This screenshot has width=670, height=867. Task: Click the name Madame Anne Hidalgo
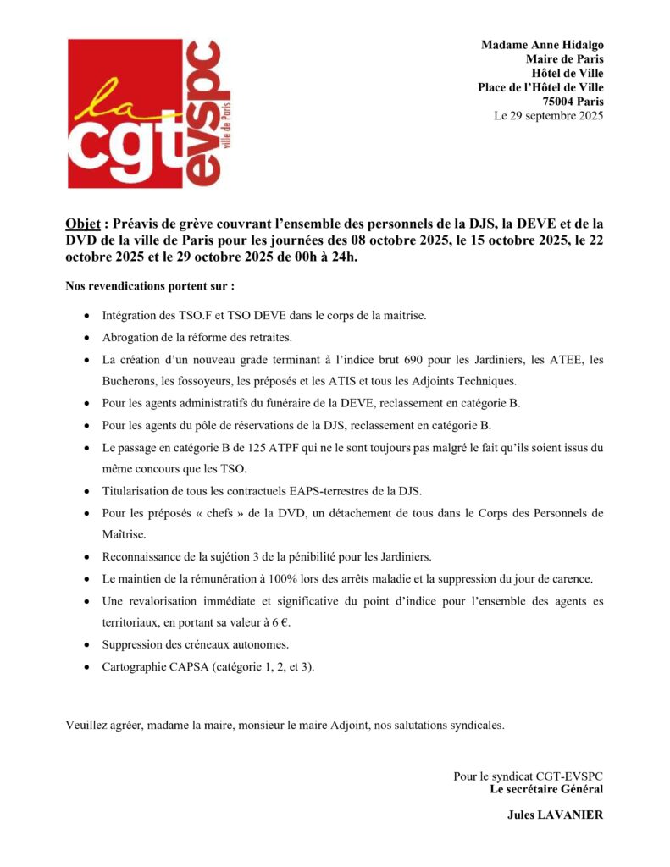click(542, 45)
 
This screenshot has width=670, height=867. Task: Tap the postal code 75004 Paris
click(573, 102)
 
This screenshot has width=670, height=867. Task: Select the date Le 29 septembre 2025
click(548, 116)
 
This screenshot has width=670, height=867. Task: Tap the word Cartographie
click(139, 667)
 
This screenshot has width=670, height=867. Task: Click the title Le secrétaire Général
click(546, 789)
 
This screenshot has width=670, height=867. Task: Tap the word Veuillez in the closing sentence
click(86, 725)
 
